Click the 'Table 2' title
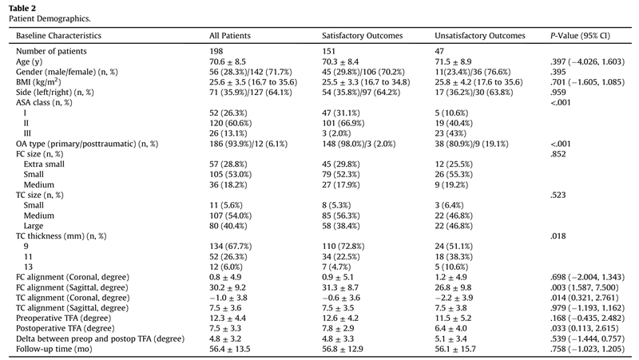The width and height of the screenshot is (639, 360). (x=22, y=8)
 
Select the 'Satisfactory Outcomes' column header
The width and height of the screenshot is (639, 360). (x=362, y=36)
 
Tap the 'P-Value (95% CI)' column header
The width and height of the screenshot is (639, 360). (x=580, y=36)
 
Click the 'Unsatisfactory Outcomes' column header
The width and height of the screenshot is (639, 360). (x=480, y=36)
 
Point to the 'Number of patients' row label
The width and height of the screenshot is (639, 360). (x=51, y=51)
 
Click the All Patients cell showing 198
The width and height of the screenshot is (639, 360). (x=216, y=51)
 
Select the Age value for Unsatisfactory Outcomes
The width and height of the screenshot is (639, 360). (x=453, y=62)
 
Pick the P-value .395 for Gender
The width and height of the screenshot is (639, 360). (x=558, y=72)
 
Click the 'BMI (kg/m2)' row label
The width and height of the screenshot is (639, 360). (x=38, y=82)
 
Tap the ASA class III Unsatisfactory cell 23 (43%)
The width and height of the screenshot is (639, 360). (x=450, y=133)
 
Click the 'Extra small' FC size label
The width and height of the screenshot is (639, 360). (x=44, y=164)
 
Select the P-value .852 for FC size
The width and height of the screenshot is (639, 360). (x=558, y=154)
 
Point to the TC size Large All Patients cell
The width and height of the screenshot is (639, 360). (x=228, y=226)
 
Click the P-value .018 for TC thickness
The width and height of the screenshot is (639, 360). (x=558, y=236)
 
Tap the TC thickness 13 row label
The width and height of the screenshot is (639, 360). (x=28, y=267)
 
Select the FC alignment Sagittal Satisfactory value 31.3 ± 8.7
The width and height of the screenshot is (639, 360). (x=340, y=287)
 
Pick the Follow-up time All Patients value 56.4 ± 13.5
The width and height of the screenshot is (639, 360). (x=230, y=349)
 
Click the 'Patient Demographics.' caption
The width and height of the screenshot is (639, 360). (x=50, y=18)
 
